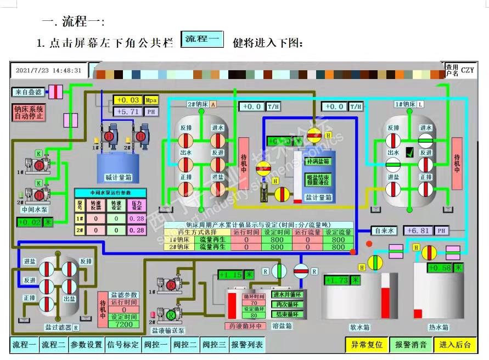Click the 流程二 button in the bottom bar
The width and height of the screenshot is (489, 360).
(54, 345)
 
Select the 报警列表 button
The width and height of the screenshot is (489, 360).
(247, 345)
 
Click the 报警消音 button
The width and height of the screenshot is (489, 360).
(411, 345)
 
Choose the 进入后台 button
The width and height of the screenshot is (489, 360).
(455, 345)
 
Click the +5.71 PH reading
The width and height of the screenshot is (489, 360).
(128, 111)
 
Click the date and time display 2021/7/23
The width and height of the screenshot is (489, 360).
(49, 70)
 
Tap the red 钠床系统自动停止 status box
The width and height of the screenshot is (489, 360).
(29, 113)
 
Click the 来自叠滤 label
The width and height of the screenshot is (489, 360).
(28, 92)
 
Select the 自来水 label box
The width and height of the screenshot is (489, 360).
(383, 231)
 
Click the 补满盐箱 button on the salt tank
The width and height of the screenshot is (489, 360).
(317, 161)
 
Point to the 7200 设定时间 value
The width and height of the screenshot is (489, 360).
(123, 324)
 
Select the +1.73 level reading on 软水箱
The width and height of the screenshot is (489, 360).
(336, 280)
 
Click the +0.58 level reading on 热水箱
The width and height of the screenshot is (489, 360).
(441, 268)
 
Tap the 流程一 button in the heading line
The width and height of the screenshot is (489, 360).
(202, 40)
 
